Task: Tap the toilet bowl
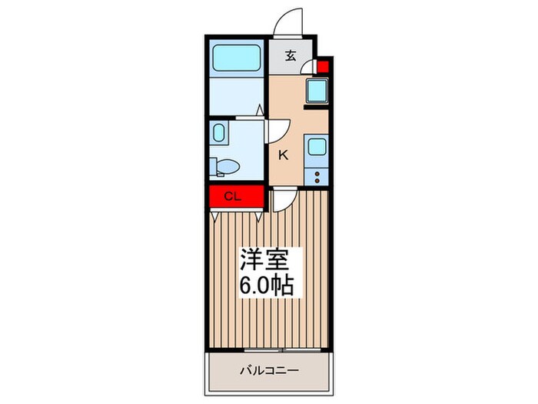tap(228, 164)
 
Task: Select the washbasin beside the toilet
tap(218, 135)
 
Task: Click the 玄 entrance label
tap(291, 55)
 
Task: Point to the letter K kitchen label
tap(283, 155)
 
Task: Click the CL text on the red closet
tap(234, 196)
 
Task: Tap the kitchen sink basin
tap(317, 146)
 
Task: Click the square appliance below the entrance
tap(317, 92)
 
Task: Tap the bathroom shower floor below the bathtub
tap(237, 96)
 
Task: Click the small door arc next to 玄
tap(308, 67)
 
